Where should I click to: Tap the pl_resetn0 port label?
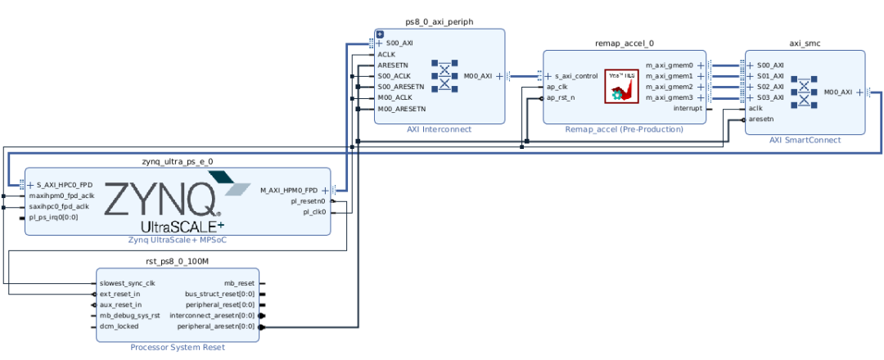[x=308, y=200]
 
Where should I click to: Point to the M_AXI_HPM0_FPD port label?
[x=288, y=190]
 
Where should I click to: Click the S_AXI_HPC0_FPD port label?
[x=65, y=185]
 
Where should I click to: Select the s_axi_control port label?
[x=576, y=75]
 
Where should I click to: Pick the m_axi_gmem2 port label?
[x=669, y=87]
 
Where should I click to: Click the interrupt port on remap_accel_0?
[x=687, y=108]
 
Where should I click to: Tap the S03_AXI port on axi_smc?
[x=769, y=97]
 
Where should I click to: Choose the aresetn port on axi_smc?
[x=761, y=119]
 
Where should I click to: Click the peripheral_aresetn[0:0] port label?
[x=216, y=326]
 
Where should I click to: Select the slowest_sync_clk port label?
[x=127, y=283]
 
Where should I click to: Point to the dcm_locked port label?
[x=120, y=326]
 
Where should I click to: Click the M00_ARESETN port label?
[x=401, y=108]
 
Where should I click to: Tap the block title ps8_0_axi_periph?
[x=439, y=21]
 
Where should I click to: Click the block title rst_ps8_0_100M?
[x=177, y=261]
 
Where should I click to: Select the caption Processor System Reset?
[x=177, y=347]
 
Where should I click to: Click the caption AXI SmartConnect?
[x=805, y=140]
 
